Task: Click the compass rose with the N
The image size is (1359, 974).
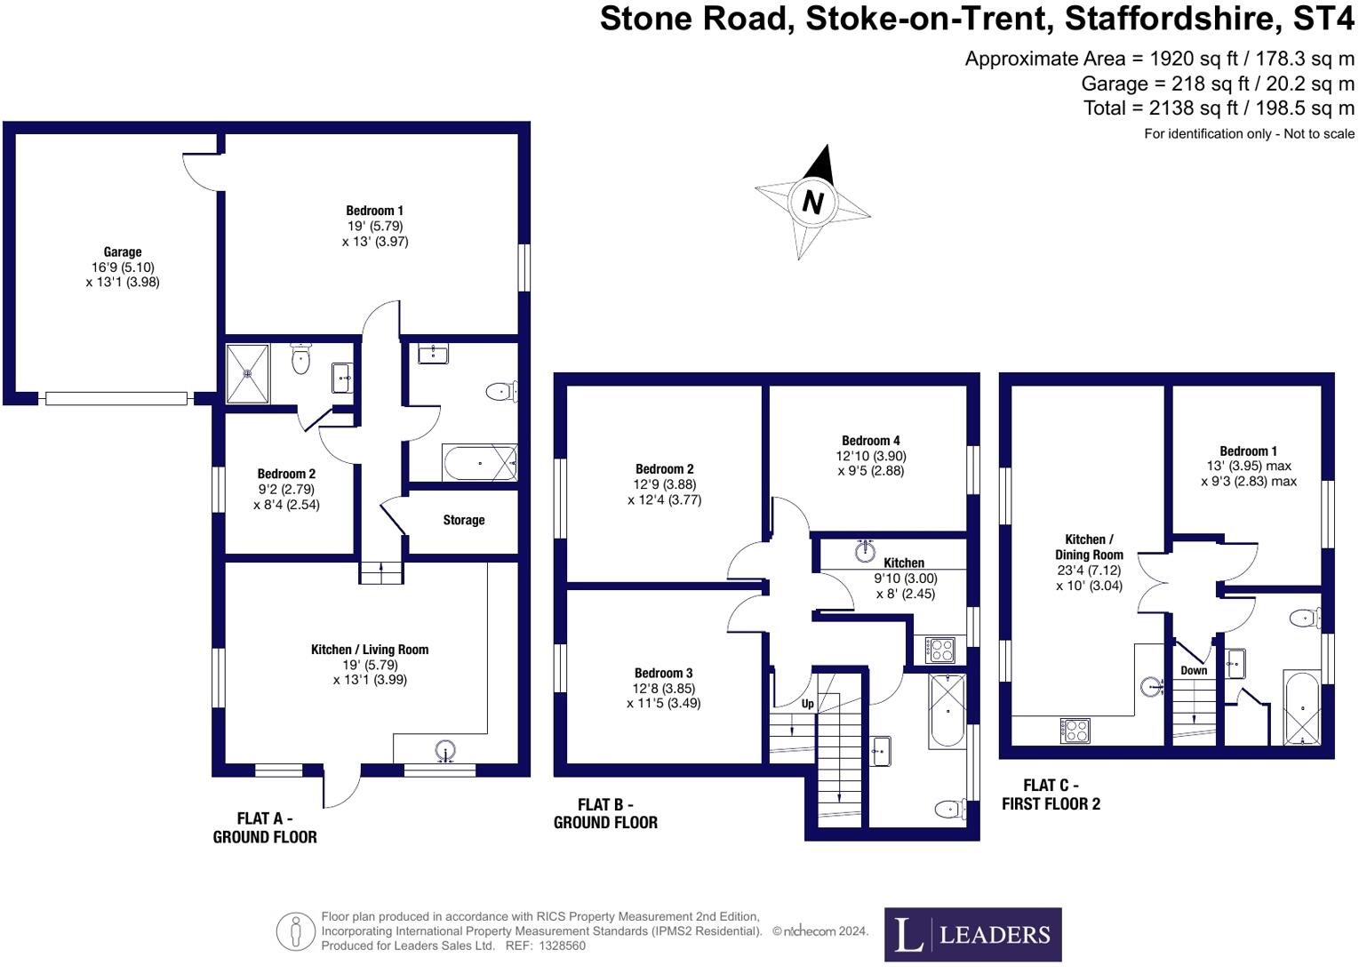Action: point(811,203)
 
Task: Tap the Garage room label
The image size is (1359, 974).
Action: point(123,252)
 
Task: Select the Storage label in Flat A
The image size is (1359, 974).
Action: point(463,520)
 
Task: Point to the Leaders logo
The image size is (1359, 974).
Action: point(972,934)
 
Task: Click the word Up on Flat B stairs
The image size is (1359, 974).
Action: point(807,704)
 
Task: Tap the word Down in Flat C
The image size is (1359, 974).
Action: point(1194,670)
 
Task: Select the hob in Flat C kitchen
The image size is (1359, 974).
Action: point(1075,730)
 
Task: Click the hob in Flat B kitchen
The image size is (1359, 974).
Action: point(941,650)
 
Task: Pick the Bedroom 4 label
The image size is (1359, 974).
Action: point(870,441)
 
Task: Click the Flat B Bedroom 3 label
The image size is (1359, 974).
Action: point(663,674)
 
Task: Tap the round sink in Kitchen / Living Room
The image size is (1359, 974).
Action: point(446,752)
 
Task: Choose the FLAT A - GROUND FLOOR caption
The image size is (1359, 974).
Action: point(265,827)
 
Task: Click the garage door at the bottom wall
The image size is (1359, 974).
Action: point(116,399)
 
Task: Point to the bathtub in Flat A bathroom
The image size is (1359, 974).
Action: point(480,463)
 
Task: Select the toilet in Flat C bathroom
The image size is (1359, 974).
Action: point(1307,617)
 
